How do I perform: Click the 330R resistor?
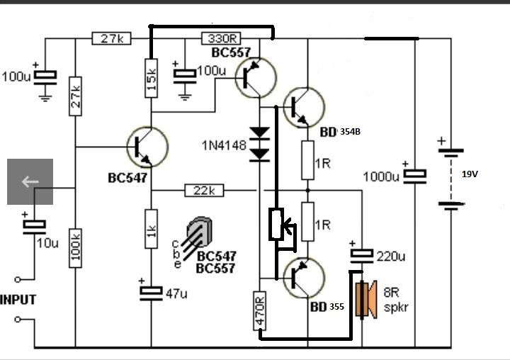tap(221, 38)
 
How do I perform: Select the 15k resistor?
tap(152, 78)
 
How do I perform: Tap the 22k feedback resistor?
tap(204, 191)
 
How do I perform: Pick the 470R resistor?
tap(259, 311)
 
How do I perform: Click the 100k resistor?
tap(75, 248)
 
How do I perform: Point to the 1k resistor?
tap(152, 229)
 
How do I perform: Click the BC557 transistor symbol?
tap(256, 78)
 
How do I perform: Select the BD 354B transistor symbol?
tap(304, 108)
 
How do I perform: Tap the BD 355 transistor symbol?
tap(304, 278)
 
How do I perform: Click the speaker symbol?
tap(366, 299)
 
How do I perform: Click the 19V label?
tap(470, 174)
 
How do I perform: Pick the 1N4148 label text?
tap(224, 145)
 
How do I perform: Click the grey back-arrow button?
tap(30, 181)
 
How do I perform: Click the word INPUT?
tap(18, 300)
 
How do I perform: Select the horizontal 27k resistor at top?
tap(112, 38)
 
